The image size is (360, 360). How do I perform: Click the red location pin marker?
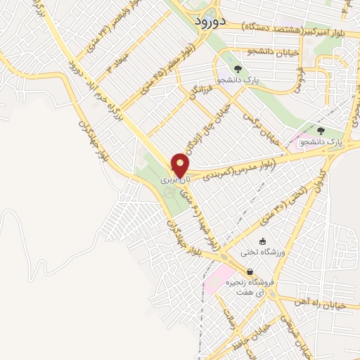[180, 165]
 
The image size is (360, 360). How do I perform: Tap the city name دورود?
[210, 20]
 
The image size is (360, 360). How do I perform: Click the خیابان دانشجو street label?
[270, 51]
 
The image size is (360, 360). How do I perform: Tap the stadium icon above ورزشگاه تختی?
[263, 240]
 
